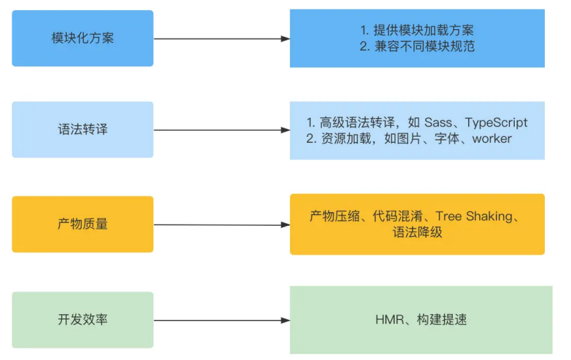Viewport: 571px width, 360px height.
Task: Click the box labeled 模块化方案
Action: [83, 38]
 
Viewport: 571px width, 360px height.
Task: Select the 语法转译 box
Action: [83, 130]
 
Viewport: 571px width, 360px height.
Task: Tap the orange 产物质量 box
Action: [83, 224]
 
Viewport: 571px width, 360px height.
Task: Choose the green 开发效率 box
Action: [83, 319]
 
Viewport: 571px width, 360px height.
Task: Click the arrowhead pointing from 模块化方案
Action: [285, 39]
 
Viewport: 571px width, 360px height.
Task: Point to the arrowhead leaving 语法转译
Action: [285, 130]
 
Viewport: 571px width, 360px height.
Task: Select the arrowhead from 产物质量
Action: [285, 224]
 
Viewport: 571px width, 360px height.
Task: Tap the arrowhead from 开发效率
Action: [285, 320]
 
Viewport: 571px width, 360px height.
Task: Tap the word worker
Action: [492, 138]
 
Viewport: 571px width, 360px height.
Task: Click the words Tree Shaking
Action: [477, 216]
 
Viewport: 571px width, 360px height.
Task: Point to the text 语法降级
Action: [417, 232]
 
